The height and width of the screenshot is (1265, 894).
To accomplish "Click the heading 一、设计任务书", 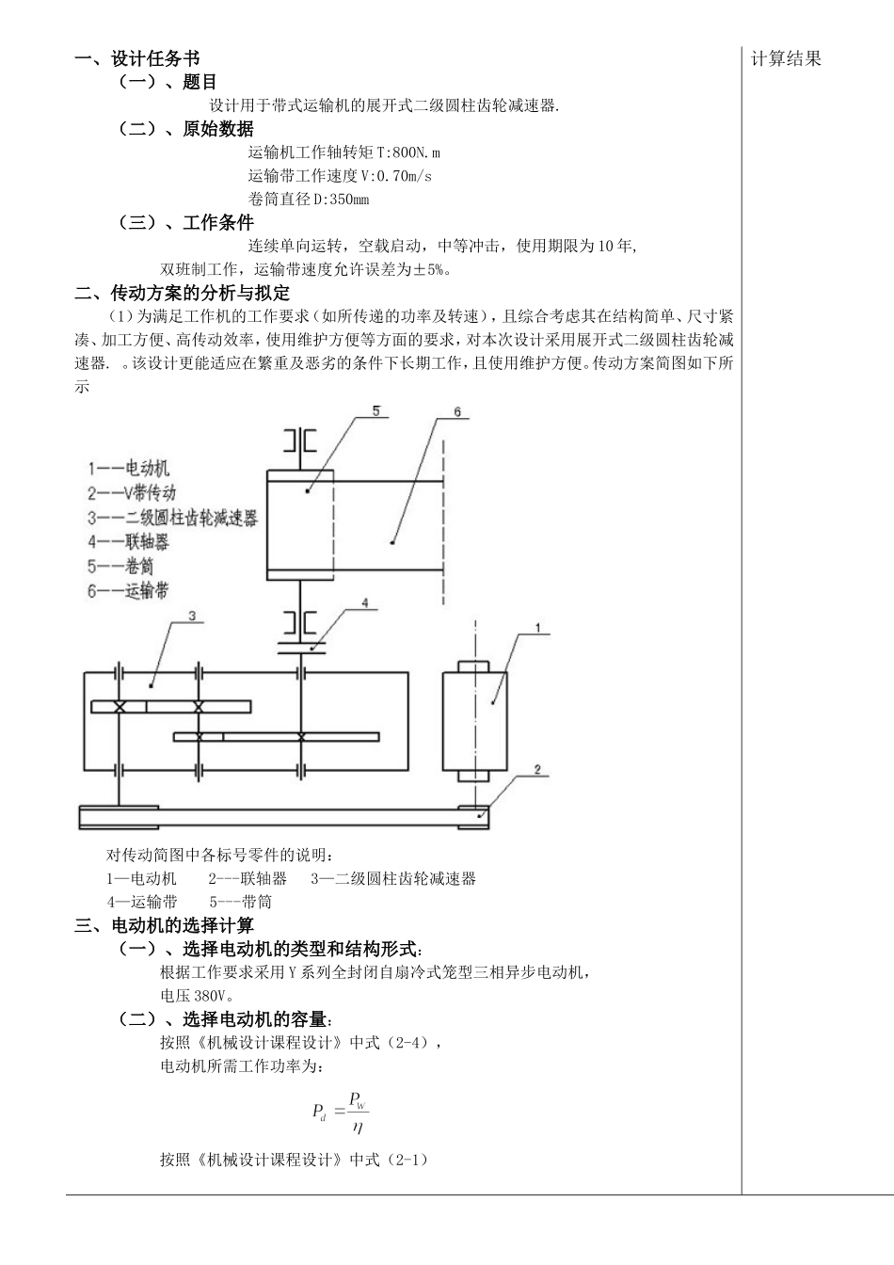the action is pyautogui.click(x=136, y=59).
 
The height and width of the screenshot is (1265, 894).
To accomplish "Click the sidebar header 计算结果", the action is pyautogui.click(x=786, y=59).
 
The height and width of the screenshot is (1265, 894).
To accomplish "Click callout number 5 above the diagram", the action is pyautogui.click(x=375, y=411).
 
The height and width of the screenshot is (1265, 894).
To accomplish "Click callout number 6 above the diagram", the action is pyautogui.click(x=457, y=412).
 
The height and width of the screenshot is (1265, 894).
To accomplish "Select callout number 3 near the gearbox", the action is pyautogui.click(x=191, y=616).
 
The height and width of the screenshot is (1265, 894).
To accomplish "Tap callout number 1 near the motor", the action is pyautogui.click(x=537, y=627).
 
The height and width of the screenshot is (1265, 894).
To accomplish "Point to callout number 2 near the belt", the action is pyautogui.click(x=537, y=770).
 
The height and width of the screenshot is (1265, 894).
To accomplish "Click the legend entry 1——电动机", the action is pyautogui.click(x=129, y=468).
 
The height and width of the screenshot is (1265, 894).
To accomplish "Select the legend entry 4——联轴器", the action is pyautogui.click(x=129, y=542).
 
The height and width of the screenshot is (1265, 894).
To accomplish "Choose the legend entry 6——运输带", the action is pyautogui.click(x=129, y=591).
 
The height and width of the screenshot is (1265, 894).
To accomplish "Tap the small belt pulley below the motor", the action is pyautogui.click(x=472, y=817).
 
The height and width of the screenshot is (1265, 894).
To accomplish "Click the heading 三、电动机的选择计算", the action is pyautogui.click(x=165, y=925).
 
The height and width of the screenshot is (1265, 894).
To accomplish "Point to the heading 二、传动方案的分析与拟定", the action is pyautogui.click(x=183, y=293).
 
